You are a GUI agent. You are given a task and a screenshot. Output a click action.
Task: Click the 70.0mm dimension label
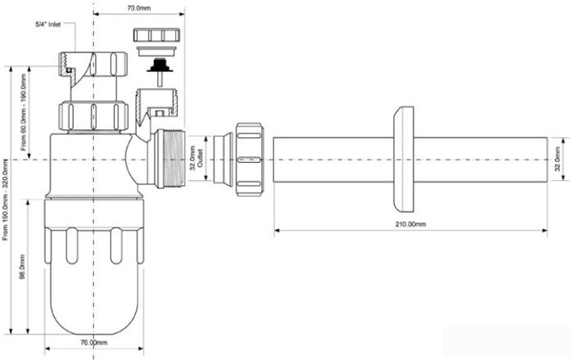(139, 7)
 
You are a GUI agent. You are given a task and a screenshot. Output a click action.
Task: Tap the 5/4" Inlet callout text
(47, 25)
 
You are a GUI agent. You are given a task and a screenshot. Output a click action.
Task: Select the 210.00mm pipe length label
(410, 224)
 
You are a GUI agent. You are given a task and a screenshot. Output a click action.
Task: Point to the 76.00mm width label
(94, 343)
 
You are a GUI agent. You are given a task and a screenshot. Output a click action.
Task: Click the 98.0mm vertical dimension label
(22, 267)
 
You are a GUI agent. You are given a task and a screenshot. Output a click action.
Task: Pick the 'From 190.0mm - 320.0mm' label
(6, 200)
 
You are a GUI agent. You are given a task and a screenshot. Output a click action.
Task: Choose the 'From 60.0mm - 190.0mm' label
(24, 112)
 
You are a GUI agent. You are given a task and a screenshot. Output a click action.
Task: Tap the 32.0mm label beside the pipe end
(557, 160)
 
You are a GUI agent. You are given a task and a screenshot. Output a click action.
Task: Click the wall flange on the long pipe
(404, 160)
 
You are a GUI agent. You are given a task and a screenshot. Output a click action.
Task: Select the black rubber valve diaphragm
(160, 65)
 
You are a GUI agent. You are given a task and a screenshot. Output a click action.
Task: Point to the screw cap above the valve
(156, 35)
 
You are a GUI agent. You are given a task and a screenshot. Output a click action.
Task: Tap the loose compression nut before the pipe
(249, 160)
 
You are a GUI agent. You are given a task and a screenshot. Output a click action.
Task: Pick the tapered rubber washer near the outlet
(222, 159)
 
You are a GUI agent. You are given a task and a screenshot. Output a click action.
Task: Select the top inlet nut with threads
(93, 65)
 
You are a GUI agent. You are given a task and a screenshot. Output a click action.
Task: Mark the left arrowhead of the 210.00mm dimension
(277, 231)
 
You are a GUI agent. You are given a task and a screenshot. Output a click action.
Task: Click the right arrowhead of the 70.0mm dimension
(182, 14)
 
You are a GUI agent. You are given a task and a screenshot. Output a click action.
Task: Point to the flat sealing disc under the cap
(156, 51)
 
